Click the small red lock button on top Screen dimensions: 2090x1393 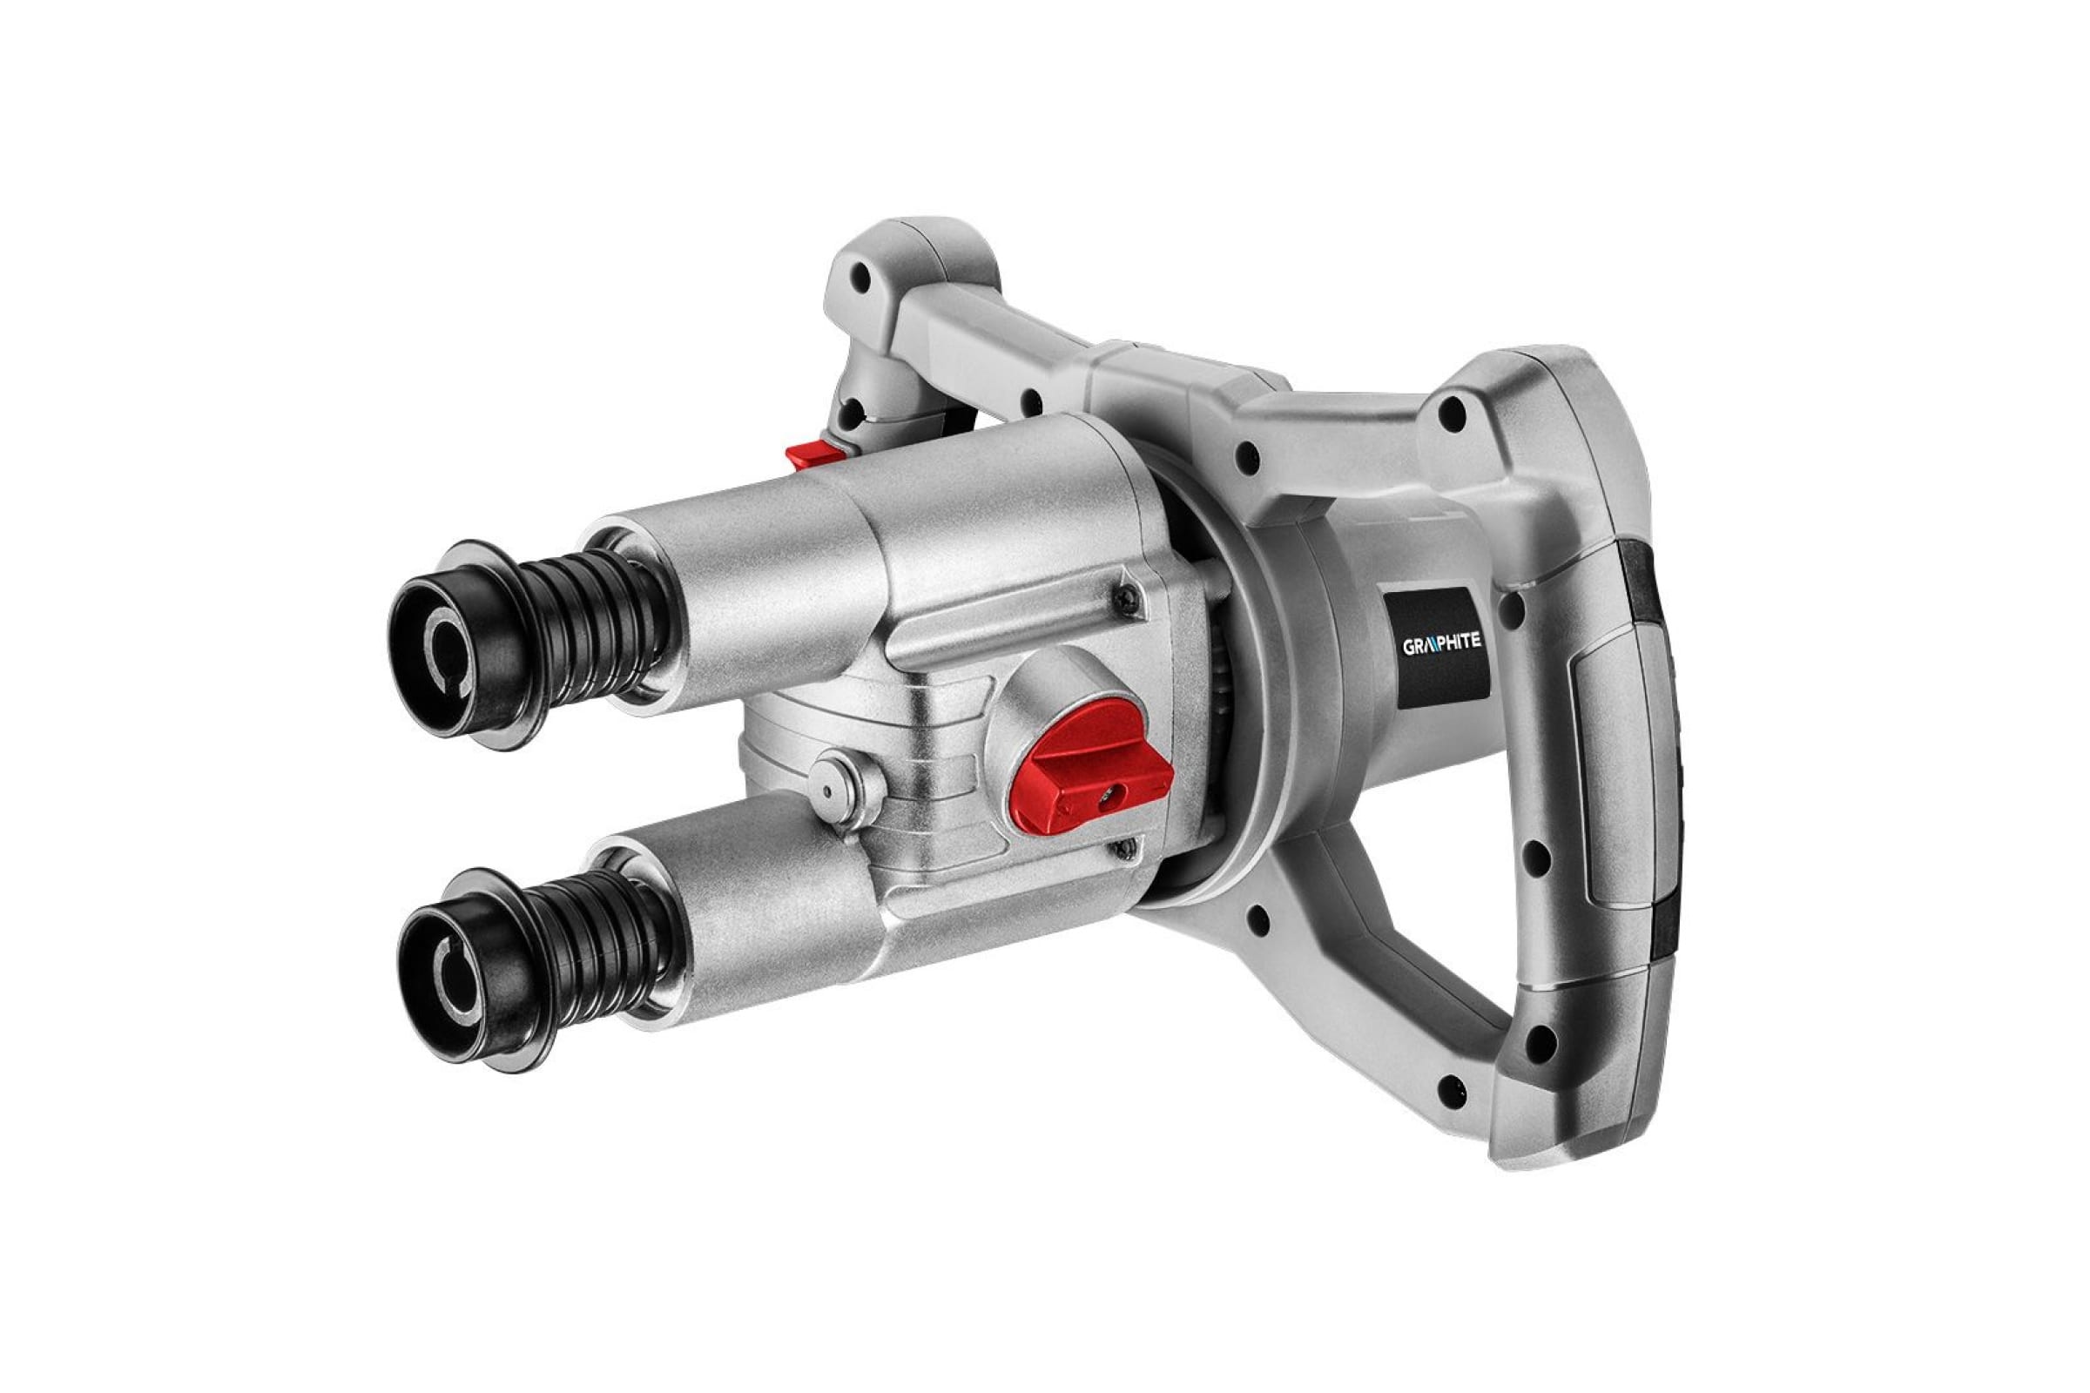[817, 454]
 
